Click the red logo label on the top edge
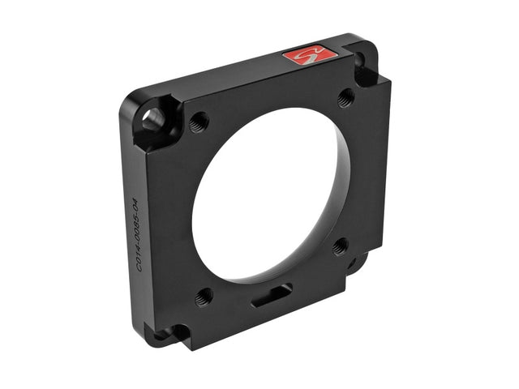(309, 55)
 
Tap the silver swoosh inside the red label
(309, 55)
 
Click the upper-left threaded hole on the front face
(197, 123)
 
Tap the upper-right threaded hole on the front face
(345, 97)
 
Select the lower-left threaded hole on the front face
(203, 296)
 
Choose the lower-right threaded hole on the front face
(341, 246)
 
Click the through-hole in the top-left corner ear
(152, 120)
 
